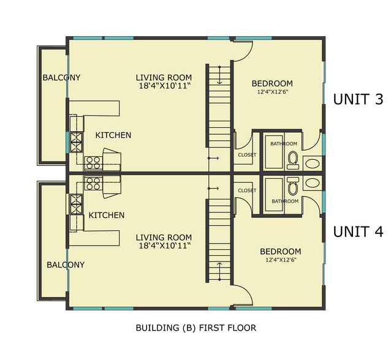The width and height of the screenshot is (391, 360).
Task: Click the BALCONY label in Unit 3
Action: point(61,78)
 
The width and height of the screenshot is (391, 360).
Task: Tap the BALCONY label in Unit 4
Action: point(66,264)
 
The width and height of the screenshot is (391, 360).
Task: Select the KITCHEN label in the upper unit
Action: point(113,135)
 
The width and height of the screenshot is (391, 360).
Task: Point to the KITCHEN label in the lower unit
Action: point(107,215)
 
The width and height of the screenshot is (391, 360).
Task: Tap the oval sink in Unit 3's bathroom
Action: point(312,163)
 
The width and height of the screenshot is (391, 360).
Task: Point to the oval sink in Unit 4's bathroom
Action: point(312,182)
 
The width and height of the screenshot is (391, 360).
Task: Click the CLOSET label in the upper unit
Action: point(247,155)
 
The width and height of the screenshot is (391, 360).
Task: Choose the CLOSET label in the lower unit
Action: point(247,190)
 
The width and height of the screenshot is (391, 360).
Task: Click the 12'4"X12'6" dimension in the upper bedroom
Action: point(272,92)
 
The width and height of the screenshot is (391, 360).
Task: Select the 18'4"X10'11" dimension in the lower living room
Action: point(164,246)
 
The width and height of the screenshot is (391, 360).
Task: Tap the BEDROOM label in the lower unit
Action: point(280,252)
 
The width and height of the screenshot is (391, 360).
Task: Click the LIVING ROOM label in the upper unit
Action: point(164,78)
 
